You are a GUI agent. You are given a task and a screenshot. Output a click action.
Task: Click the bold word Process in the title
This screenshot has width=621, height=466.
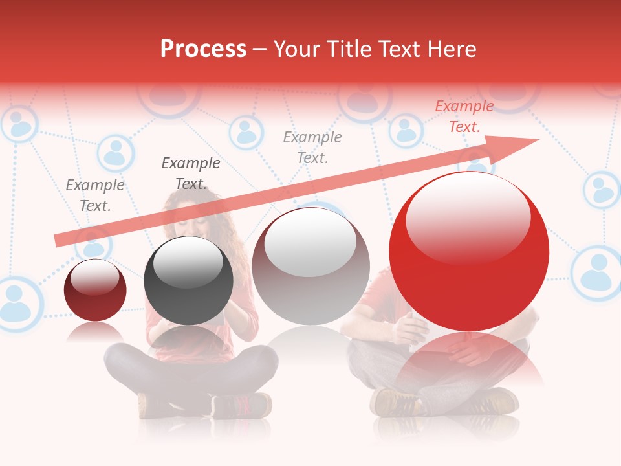[203, 49]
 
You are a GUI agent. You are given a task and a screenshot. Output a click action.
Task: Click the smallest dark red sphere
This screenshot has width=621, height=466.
[95, 290]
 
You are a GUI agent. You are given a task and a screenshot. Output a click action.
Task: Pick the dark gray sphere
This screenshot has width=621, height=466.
[188, 280]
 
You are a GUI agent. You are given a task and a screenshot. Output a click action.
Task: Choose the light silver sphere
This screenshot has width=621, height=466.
[310, 266]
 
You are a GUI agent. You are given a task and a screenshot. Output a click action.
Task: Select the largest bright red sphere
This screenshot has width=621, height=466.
[469, 251]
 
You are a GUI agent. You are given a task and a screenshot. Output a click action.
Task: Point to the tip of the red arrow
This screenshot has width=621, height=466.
[537, 140]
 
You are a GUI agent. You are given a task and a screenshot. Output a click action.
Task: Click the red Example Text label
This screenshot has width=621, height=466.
[464, 116]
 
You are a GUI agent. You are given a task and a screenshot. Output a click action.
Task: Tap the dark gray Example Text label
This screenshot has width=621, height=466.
[190, 173]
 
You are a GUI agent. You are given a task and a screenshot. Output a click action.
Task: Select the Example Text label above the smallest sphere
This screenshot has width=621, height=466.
[95, 195]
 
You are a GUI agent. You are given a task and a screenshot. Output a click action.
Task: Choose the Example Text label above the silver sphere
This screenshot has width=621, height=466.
[312, 147]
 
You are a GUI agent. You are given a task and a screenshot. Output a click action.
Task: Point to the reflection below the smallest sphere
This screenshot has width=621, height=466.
[95, 333]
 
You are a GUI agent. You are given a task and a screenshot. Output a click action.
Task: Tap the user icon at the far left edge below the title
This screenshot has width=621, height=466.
[19, 123]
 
